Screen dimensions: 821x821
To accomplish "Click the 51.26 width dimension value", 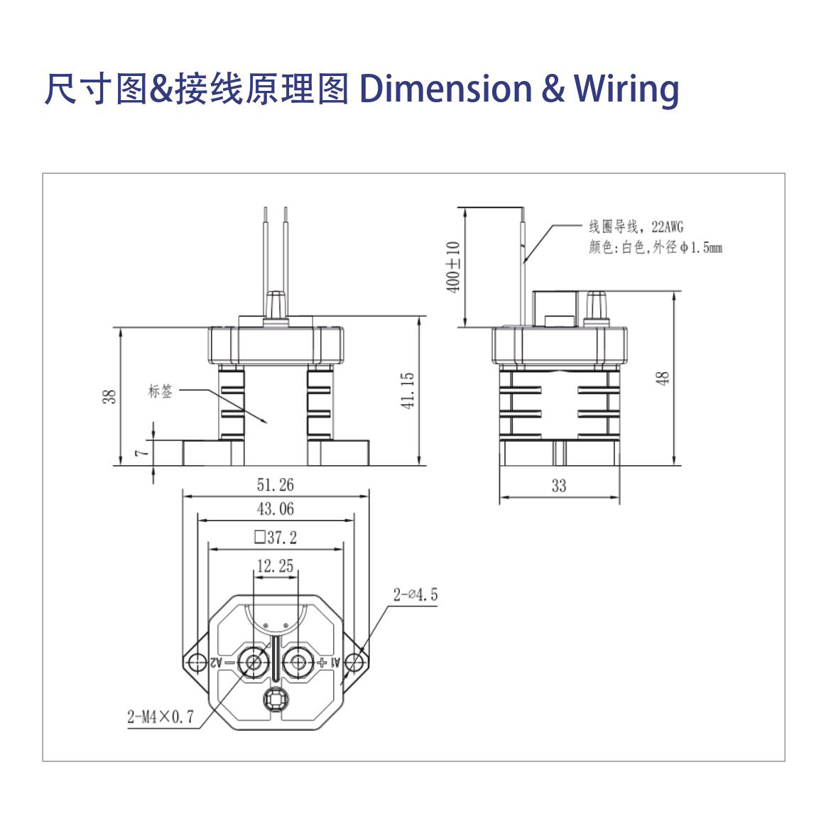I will click(275, 485).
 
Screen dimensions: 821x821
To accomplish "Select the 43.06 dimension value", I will click(275, 509).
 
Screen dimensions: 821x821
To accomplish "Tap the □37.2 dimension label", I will click(275, 538).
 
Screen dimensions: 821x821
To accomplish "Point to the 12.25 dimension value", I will click(275, 566).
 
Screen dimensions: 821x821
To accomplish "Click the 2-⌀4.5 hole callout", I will click(415, 594).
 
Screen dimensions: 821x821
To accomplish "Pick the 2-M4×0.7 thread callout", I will click(160, 717).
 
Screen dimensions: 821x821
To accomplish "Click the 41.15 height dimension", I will click(408, 391).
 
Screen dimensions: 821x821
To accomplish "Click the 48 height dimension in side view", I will click(663, 378).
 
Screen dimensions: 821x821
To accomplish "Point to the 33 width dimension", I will click(559, 486).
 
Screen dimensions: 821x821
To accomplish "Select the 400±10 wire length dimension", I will click(455, 266).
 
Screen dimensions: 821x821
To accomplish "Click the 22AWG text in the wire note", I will click(667, 227).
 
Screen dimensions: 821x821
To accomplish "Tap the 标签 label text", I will click(160, 391).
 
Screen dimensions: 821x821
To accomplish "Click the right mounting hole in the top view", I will click(357, 662).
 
